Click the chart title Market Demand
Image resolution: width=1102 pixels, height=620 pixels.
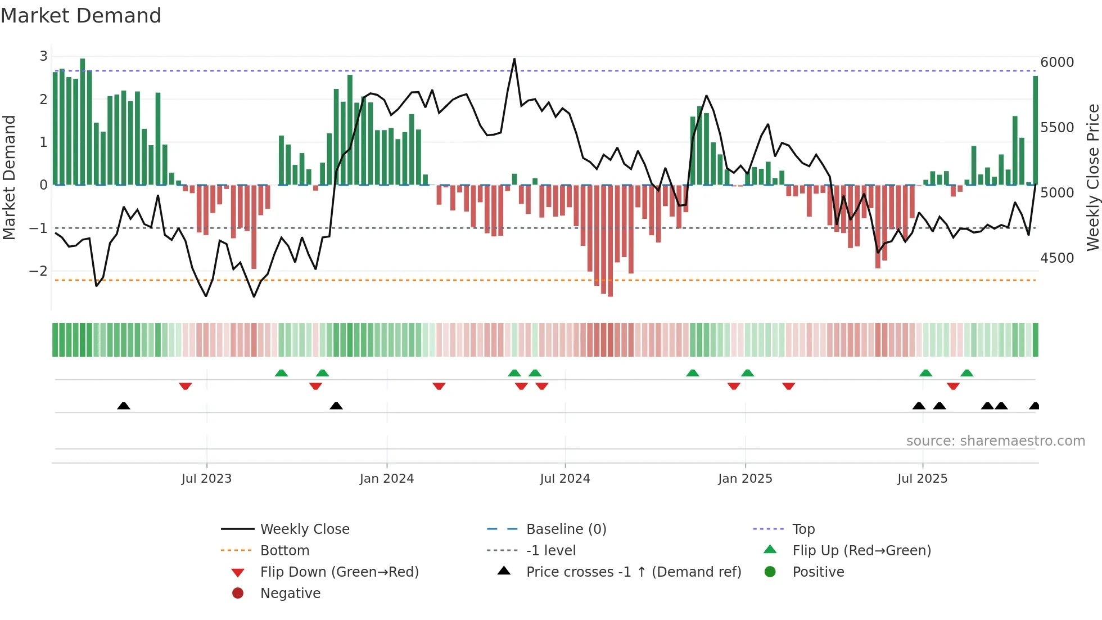[x=81, y=16]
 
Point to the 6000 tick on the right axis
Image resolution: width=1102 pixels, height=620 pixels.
[x=1056, y=62]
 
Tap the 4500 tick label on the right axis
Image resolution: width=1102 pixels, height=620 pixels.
[x=1056, y=258]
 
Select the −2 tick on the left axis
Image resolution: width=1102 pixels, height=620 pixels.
[x=38, y=271]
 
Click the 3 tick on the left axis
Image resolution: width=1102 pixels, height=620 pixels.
[x=43, y=56]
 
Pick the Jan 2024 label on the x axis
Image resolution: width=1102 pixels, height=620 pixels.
[x=386, y=479]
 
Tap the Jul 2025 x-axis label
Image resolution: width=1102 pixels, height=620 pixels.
[x=922, y=479]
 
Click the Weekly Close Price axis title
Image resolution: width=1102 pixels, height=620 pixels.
[x=1092, y=177]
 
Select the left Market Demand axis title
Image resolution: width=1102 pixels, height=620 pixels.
[x=9, y=177]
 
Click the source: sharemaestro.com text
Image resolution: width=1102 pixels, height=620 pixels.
[x=995, y=441]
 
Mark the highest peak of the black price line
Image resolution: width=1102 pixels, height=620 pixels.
[x=514, y=59]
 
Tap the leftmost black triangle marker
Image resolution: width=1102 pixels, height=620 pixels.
[x=124, y=406]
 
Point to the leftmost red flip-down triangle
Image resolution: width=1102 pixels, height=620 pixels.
[x=186, y=386]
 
